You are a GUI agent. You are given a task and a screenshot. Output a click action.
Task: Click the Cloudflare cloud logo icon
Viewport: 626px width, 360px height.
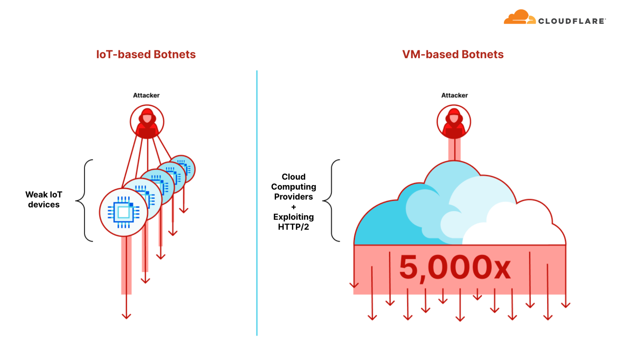(x=519, y=17)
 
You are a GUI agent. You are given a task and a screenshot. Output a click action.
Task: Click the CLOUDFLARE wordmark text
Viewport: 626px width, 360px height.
(x=572, y=21)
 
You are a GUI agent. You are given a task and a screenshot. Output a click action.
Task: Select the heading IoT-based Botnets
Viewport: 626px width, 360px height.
(x=146, y=54)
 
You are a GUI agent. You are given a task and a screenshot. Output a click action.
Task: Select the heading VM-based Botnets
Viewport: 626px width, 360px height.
(x=453, y=54)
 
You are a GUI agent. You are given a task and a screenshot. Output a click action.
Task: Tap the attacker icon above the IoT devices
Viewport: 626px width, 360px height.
(x=147, y=122)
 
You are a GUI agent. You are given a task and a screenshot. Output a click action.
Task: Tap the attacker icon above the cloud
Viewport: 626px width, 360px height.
(x=454, y=122)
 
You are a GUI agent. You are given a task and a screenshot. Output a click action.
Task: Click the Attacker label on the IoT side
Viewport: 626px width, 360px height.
(x=146, y=95)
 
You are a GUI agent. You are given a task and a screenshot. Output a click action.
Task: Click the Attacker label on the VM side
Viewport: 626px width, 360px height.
(x=454, y=95)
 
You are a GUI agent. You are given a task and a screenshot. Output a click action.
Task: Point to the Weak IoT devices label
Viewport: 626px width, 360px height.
(x=44, y=199)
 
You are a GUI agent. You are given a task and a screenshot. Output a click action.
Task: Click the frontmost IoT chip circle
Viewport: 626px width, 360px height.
(x=123, y=212)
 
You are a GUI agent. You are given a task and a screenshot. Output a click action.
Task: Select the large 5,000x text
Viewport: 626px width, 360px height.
(x=455, y=268)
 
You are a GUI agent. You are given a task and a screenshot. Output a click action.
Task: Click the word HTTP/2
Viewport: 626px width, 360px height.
(x=293, y=227)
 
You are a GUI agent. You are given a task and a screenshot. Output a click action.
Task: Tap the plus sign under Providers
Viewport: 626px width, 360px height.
(x=293, y=207)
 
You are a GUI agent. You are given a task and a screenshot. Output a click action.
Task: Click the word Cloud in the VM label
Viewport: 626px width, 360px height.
(x=293, y=177)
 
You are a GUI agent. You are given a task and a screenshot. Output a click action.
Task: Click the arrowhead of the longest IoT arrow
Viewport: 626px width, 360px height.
(x=126, y=316)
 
